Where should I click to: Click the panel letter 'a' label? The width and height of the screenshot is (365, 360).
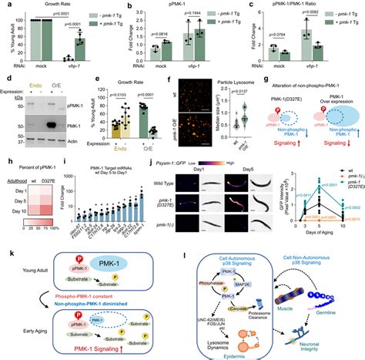pos(5,5)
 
